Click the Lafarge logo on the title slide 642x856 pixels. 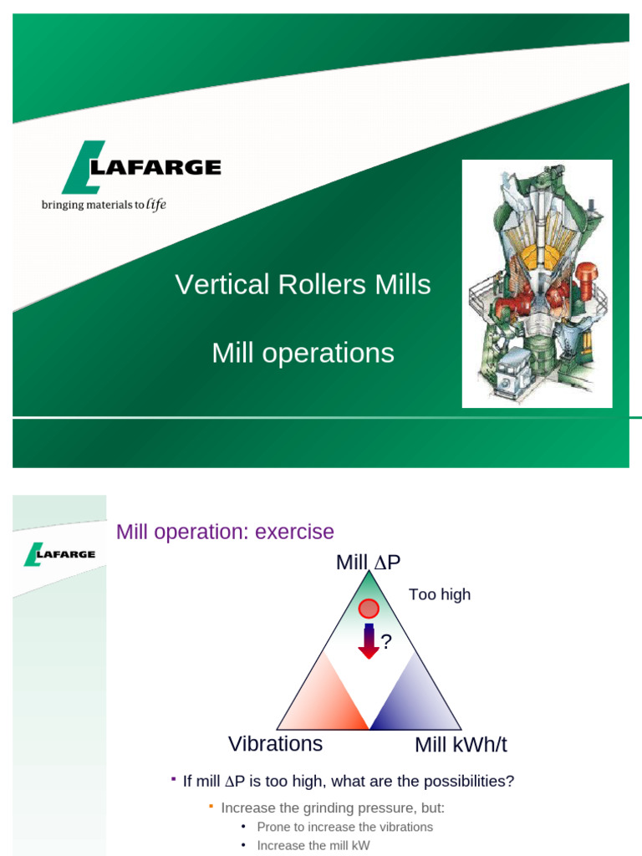pos(140,167)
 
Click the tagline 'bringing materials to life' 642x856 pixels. pos(104,205)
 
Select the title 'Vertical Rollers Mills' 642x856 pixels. pos(303,285)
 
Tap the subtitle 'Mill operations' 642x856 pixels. pos(303,353)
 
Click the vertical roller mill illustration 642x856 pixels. pos(537,283)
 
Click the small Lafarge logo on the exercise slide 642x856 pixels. pos(59,554)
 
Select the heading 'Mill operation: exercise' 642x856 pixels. pos(225,532)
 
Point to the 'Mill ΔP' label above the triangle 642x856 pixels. pos(369,563)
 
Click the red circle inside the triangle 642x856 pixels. pos(369,609)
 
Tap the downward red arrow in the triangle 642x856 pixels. pos(369,641)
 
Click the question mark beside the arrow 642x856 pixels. pos(386,642)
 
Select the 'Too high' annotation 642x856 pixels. pos(440,594)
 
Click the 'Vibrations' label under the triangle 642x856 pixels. pos(275,743)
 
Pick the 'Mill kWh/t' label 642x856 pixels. pos(461,745)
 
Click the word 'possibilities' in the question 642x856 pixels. pos(468,781)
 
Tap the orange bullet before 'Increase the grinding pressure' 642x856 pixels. pos(211,807)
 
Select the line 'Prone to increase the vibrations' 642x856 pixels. pos(344,827)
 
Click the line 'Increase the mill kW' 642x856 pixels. pos(313,845)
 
